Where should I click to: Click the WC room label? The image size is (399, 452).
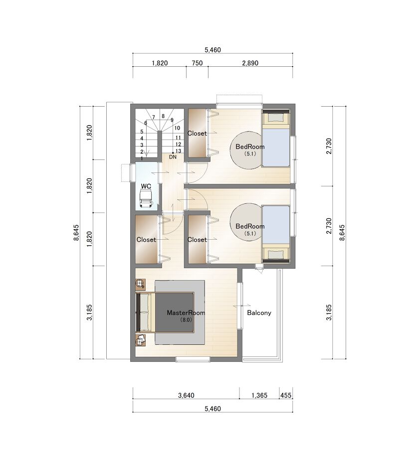coord(146,186)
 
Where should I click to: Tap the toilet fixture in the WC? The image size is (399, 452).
coord(146,198)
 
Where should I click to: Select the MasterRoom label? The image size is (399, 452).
coord(186,312)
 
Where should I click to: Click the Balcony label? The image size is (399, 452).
coord(259,313)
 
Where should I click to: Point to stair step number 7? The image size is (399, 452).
coord(154,117)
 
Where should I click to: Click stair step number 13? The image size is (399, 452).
coord(178,151)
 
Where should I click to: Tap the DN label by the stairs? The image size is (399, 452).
coord(173,157)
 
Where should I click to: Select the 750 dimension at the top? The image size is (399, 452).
coord(198,63)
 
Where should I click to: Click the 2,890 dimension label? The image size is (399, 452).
coord(250,63)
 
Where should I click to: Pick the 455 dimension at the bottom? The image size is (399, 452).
coord(286,395)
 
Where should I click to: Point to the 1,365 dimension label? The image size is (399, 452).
coord(259,395)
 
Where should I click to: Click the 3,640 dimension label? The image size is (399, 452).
coord(186,395)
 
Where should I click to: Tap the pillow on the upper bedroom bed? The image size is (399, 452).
coord(275,118)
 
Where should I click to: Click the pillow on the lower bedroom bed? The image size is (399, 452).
coord(275,255)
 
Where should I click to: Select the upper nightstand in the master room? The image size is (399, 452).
coord(141,284)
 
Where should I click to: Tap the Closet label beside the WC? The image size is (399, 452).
coord(146,240)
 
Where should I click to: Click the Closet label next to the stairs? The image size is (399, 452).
coord(197,133)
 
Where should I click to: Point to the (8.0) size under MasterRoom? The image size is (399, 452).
coord(186,319)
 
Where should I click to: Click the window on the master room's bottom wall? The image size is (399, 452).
coord(193,359)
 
